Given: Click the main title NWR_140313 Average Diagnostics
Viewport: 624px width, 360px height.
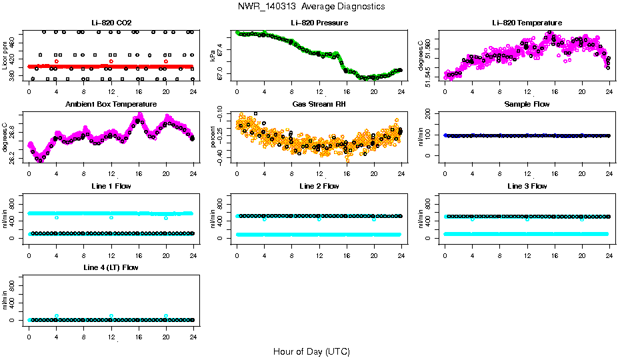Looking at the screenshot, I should (x=311, y=7).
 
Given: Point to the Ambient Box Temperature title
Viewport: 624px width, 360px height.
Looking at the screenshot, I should (x=111, y=104).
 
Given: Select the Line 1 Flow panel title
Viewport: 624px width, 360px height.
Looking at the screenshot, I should (x=111, y=186).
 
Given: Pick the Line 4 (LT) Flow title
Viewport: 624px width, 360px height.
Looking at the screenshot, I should (x=111, y=267).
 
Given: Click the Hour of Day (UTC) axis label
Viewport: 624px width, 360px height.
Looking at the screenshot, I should (x=311, y=351).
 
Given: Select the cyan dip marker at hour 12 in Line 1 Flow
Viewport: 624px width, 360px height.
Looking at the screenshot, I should (x=111, y=217).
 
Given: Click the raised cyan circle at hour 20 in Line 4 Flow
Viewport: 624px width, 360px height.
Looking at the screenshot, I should (x=166, y=316).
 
